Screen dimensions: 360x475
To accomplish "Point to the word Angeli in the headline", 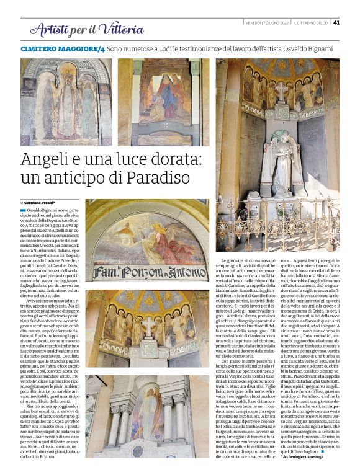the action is tap(46, 159).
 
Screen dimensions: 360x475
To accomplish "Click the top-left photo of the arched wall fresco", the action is tap(66, 102).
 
